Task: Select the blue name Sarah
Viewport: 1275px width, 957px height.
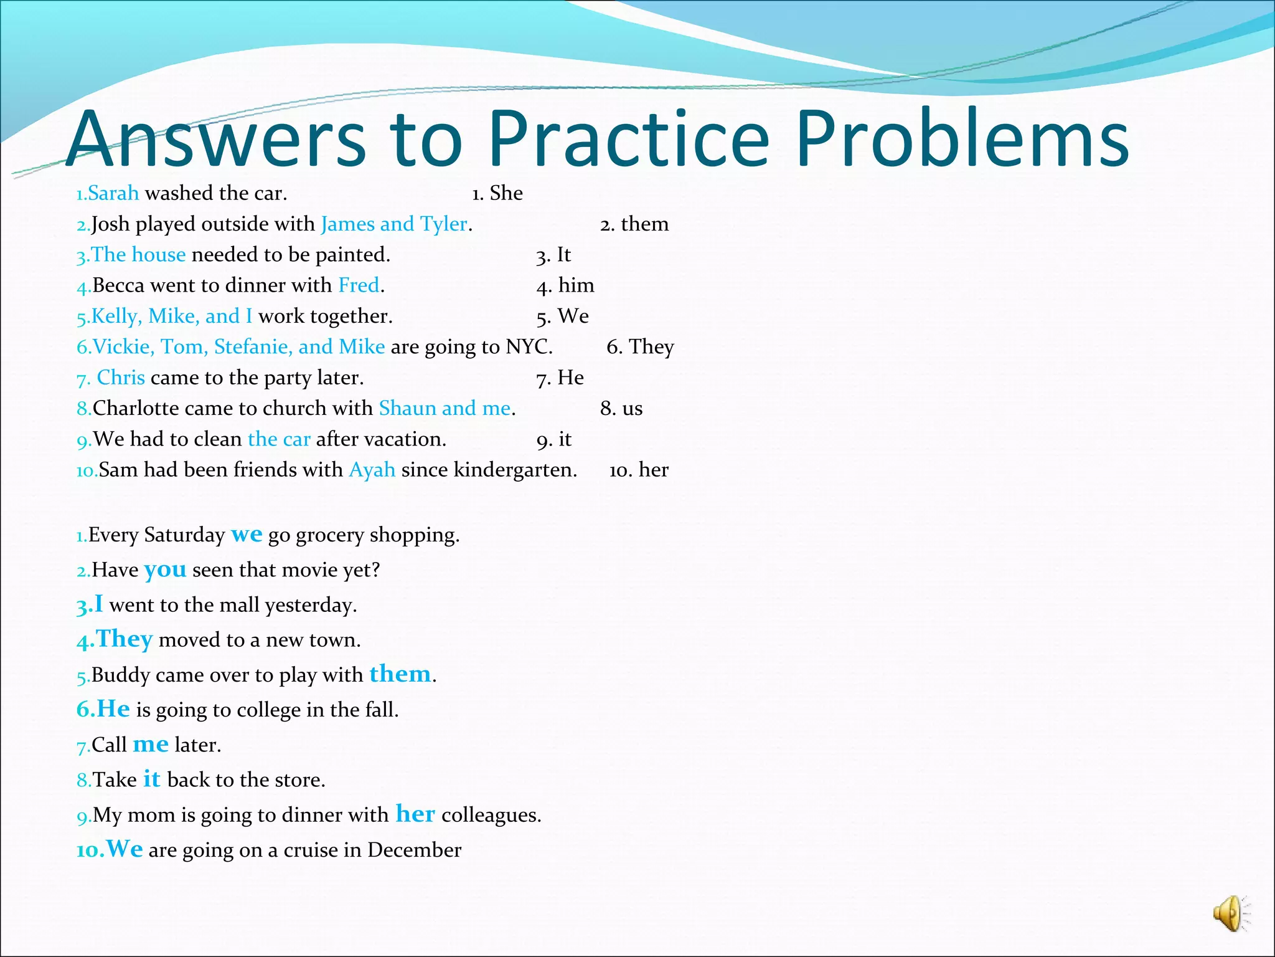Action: [113, 193]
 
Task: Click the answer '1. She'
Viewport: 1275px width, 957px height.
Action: [497, 193]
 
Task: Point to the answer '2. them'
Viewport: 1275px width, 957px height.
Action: [634, 224]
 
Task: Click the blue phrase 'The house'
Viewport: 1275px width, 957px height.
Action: [138, 254]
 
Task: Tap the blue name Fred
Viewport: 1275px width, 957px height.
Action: [359, 285]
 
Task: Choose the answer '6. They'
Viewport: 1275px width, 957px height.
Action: [640, 346]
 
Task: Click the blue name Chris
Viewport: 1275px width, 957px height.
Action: [121, 378]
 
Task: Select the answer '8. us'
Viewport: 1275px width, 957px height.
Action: [621, 408]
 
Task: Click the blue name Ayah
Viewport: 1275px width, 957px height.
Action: [372, 470]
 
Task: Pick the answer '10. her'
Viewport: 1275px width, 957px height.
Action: [639, 470]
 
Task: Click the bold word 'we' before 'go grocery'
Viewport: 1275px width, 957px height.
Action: [247, 535]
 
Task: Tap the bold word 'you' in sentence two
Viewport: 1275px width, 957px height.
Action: [165, 569]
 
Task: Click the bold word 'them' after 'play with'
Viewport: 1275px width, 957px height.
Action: [400, 674]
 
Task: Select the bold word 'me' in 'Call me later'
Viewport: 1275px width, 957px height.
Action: [151, 745]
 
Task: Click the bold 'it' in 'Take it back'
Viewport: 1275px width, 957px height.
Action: [151, 779]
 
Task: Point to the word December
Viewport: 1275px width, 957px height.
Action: [414, 850]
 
